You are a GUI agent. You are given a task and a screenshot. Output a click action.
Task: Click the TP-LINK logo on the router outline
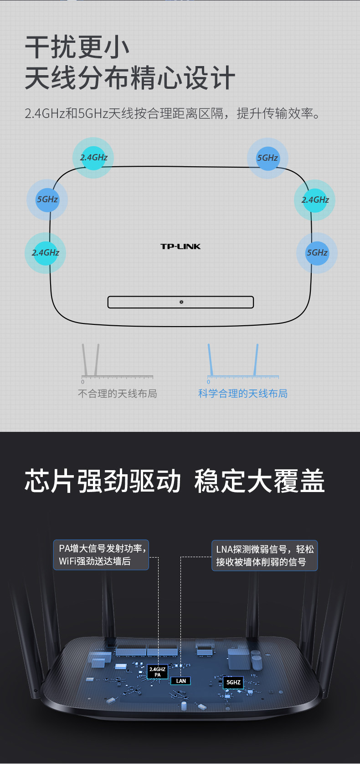coord(180,246)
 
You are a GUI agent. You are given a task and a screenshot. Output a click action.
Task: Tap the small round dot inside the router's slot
coord(181,302)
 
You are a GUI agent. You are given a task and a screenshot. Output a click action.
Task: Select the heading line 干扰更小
coord(77,47)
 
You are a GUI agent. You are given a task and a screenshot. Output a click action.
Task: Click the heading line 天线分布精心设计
coord(130,77)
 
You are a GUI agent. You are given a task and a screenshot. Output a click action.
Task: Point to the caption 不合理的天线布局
coord(118,394)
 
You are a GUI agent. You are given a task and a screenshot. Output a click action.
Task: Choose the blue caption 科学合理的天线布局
coord(242,394)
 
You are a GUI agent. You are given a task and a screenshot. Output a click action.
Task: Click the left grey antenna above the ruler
coord(85,359)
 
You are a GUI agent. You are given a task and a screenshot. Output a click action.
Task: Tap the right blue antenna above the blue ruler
coord(257,359)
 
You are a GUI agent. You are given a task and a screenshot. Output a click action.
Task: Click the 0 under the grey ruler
coord(83,382)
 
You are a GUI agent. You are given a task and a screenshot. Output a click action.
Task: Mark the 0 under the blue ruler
coord(209,382)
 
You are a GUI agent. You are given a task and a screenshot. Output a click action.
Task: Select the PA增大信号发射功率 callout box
coord(101,555)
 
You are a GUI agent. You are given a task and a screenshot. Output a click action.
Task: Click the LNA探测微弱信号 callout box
coord(264,555)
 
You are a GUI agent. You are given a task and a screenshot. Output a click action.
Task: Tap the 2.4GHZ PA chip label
coord(158,672)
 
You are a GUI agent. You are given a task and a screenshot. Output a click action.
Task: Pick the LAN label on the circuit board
coord(181,681)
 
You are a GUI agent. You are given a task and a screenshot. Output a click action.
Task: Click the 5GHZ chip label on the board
coord(233,682)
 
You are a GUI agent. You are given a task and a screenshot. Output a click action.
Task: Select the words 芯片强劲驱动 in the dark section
coord(103,481)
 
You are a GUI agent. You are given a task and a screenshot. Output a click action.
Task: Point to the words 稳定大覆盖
coord(259,481)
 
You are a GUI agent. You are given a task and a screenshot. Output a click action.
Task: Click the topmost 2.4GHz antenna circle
coord(94,158)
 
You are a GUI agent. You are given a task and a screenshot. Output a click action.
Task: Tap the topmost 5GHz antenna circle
coord(267,158)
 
